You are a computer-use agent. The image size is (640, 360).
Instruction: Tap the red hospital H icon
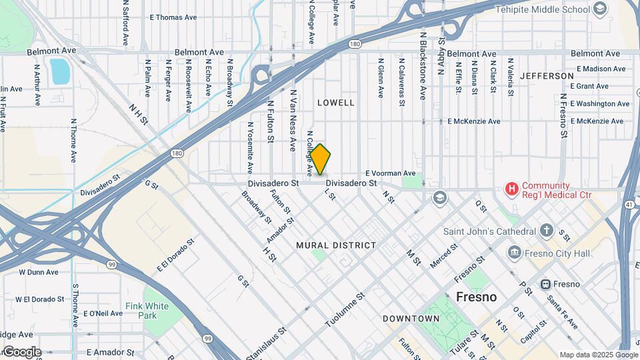pyautogui.click(x=512, y=190)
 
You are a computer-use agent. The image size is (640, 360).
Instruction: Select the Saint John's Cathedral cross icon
pyautogui.click(x=547, y=231)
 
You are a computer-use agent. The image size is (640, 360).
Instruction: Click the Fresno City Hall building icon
pyautogui.click(x=514, y=253)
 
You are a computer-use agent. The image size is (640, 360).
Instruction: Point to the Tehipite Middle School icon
pyautogui.click(x=600, y=8)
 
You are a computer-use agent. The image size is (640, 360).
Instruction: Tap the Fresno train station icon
pyautogui.click(x=545, y=284)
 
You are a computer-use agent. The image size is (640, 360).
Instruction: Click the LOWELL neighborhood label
pyautogui.click(x=335, y=103)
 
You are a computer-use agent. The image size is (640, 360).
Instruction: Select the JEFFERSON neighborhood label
pyautogui.click(x=547, y=76)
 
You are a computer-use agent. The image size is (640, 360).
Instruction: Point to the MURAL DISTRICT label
pyautogui.click(x=336, y=245)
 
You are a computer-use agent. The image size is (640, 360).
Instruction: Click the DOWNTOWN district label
pyautogui.click(x=411, y=319)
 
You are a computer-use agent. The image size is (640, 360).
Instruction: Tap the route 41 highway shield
pyautogui.click(x=629, y=203)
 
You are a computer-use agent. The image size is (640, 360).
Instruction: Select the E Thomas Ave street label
pyautogui.click(x=174, y=17)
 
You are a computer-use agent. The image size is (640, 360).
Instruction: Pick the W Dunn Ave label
pyautogui.click(x=40, y=272)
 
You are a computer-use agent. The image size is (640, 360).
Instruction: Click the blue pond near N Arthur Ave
pyautogui.click(x=59, y=71)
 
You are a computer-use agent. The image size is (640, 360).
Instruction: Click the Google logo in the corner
pyautogui.click(x=21, y=352)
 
